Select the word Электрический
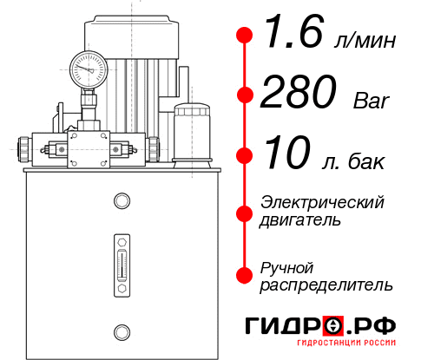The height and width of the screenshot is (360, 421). pos(322,202)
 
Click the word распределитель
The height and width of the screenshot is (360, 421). pos(326,285)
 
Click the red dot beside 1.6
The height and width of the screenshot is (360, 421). pos(244,36)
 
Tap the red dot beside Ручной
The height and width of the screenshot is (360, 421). pos(244,275)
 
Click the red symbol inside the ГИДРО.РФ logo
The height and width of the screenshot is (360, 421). pos(333,326)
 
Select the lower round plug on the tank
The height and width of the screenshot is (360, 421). pos(122,330)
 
